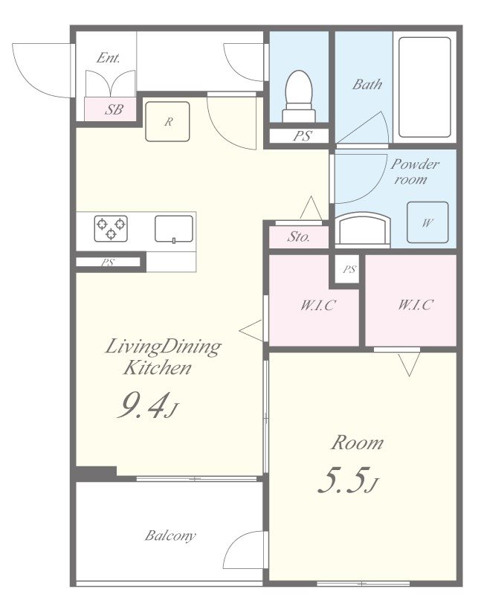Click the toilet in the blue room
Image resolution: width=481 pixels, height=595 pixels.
click(299, 96)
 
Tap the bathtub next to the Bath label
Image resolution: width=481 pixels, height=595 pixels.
click(424, 87)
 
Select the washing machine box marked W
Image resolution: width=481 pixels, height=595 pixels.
click(427, 222)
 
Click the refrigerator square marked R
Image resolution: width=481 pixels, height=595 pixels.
click(168, 121)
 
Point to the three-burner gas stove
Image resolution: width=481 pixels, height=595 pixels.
click(111, 228)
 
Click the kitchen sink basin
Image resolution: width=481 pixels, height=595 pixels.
click(174, 229)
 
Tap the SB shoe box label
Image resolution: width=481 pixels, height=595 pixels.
click(114, 109)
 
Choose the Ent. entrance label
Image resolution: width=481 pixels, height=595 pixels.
click(108, 58)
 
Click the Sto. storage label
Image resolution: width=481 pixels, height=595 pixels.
click(299, 237)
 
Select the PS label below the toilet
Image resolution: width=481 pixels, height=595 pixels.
click(303, 136)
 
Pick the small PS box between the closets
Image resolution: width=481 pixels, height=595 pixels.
click(349, 269)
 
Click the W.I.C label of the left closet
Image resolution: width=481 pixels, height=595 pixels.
click(318, 305)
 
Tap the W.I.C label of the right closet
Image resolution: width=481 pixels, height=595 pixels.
click(416, 305)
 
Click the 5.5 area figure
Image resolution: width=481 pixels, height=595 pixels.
click(348, 480)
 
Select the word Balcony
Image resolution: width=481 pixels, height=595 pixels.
click(170, 535)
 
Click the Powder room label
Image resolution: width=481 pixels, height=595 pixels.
click(415, 171)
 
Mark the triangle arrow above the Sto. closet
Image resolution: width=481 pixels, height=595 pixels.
click(311, 208)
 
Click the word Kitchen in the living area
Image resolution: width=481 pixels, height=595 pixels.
click(157, 367)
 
